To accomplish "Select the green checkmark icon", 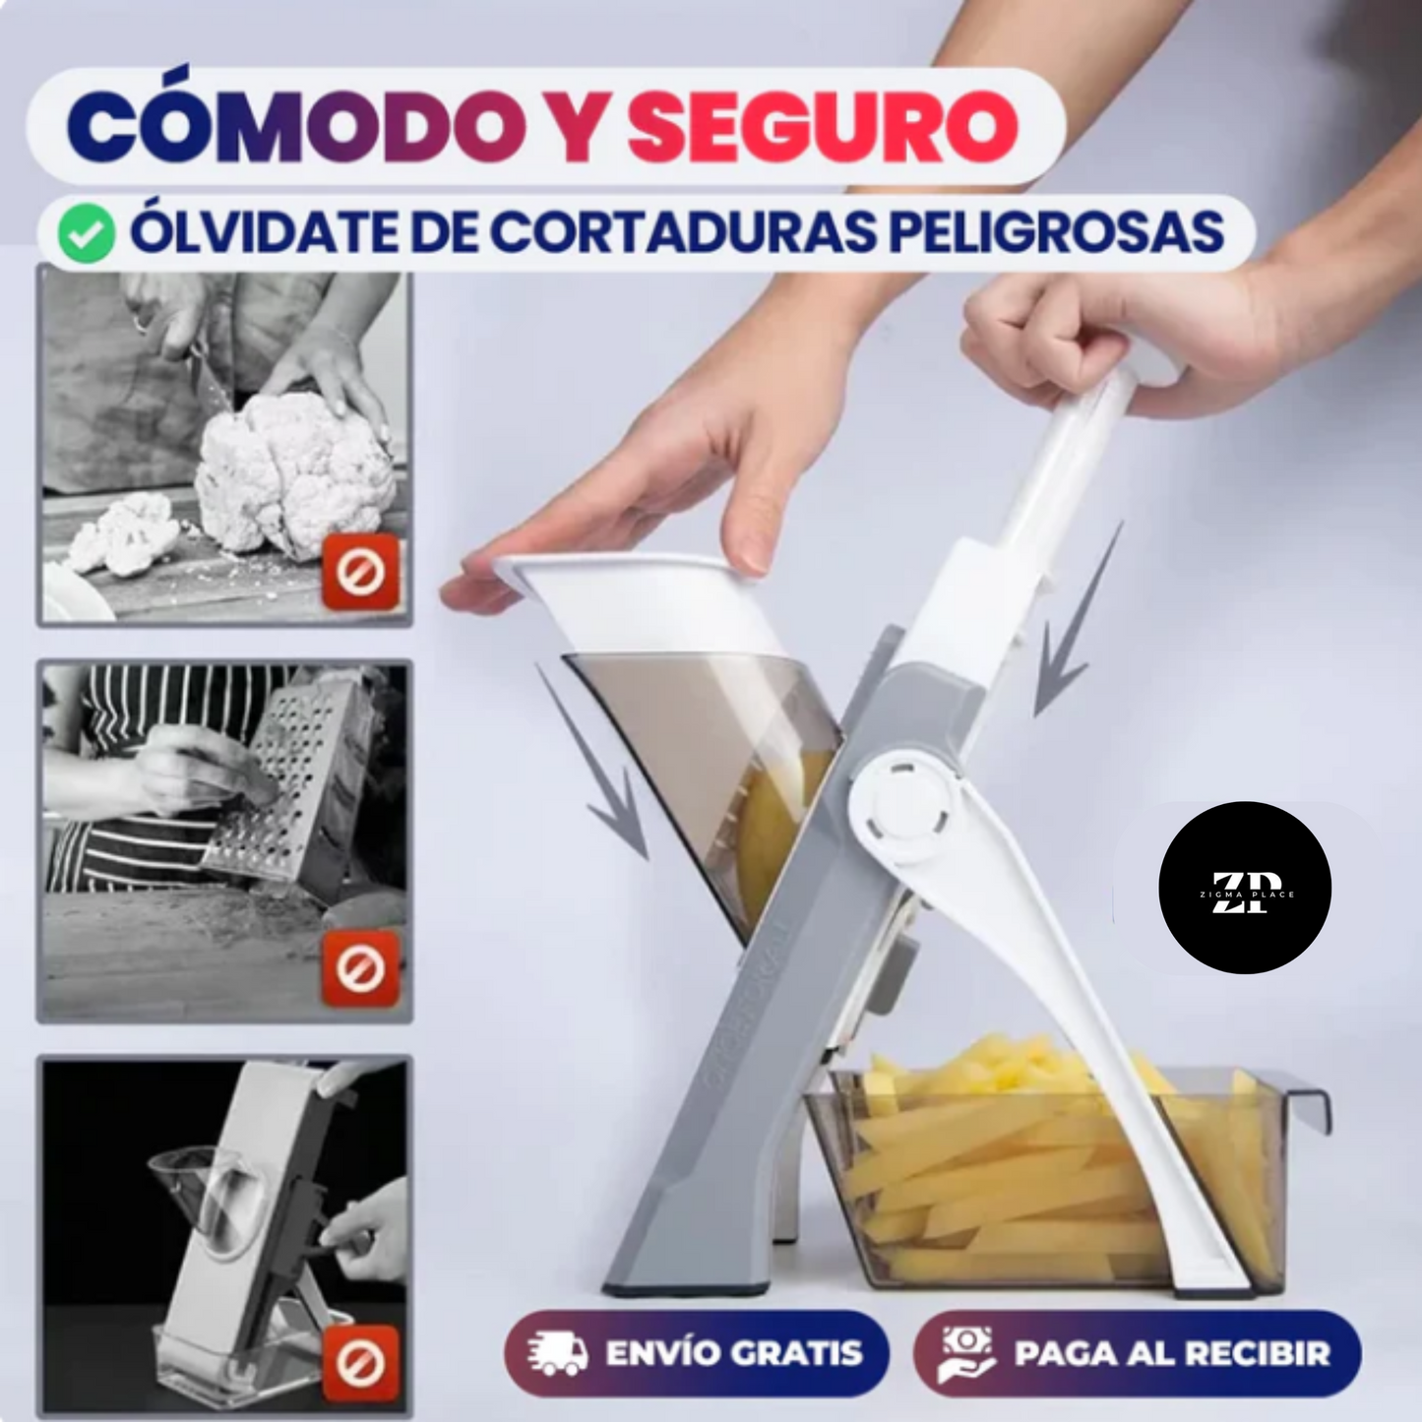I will (86, 234).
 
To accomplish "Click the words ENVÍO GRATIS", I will (734, 1353).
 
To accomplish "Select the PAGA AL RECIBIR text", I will (1172, 1353).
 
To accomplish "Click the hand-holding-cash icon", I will (967, 1354).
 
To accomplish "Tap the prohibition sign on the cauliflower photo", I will (360, 572).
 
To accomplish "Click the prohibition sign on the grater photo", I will (360, 968).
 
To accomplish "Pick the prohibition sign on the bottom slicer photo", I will (360, 1363).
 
